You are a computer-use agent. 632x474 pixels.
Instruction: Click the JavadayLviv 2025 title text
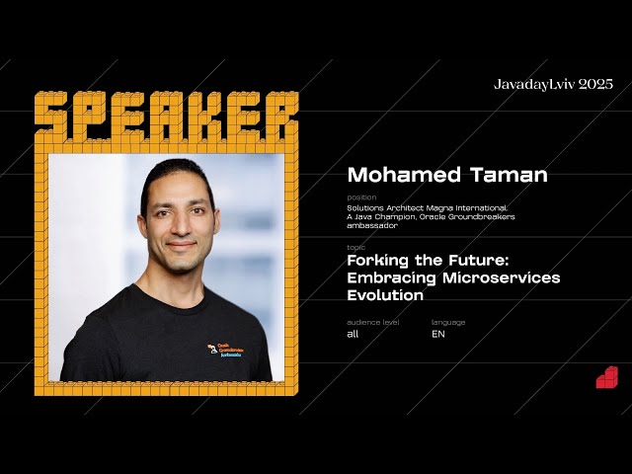pos(553,84)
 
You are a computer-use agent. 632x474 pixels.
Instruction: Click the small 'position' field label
pos(361,197)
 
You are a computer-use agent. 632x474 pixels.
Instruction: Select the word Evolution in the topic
pos(385,294)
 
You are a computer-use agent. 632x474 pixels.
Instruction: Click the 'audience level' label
pos(373,322)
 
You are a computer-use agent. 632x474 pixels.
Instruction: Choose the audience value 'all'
pos(353,334)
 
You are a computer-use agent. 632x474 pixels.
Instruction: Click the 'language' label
pos(448,322)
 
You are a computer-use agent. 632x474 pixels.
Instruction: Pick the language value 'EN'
pos(438,334)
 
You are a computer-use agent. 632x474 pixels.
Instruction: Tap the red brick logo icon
pos(606,377)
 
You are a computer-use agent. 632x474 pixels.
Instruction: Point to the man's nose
pos(180,226)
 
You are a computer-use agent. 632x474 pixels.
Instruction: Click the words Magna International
pos(469,207)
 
